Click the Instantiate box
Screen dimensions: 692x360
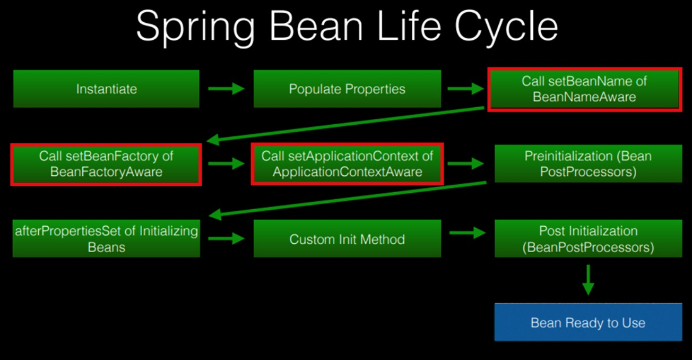click(x=106, y=89)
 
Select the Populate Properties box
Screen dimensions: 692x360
click(x=347, y=89)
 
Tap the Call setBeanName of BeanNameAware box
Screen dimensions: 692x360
click(x=585, y=89)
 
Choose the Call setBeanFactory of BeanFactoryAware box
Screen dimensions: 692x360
click(x=106, y=165)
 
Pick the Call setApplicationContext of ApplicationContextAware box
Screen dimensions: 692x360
click(x=347, y=164)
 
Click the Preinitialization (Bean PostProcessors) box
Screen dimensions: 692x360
click(x=588, y=164)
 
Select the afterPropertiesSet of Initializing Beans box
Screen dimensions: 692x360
click(x=106, y=238)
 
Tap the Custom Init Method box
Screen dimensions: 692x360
click(x=347, y=238)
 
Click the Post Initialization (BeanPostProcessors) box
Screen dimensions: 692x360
click(x=588, y=238)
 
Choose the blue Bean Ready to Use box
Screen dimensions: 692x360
click(x=588, y=322)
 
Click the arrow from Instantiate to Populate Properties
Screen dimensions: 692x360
click(x=227, y=89)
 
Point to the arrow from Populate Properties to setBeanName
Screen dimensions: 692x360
click(x=466, y=89)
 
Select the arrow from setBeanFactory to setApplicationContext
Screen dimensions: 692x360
click(x=227, y=164)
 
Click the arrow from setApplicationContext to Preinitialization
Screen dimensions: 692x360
click(x=466, y=164)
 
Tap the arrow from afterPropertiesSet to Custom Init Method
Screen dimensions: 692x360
click(x=227, y=238)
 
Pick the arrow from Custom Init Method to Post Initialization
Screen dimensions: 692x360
click(x=468, y=233)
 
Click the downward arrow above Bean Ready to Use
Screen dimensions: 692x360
click(x=588, y=280)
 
